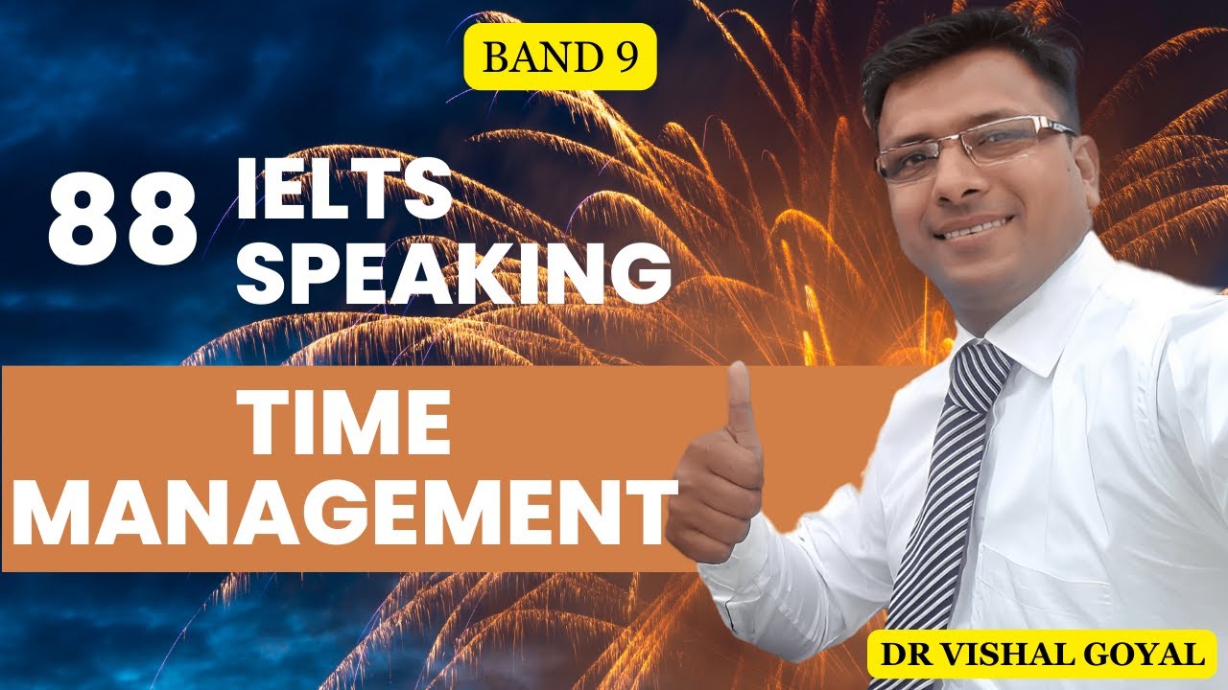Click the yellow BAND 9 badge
click(560, 57)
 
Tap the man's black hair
click(969, 62)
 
